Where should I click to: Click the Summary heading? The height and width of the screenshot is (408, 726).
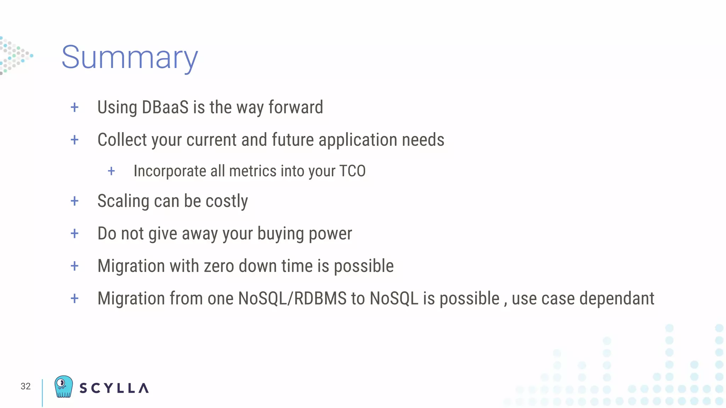[129, 57]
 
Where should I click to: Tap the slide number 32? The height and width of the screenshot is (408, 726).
[26, 386]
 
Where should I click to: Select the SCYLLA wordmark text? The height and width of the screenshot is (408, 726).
[114, 388]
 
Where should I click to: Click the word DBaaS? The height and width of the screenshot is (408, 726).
[165, 107]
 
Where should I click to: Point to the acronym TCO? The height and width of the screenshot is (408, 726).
[352, 171]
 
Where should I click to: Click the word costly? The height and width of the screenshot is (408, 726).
[227, 201]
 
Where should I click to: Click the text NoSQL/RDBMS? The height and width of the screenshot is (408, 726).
[292, 298]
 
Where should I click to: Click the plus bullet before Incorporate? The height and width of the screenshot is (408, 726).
[111, 171]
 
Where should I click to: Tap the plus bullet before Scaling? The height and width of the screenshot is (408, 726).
[74, 201]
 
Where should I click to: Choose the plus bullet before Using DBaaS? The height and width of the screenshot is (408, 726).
[74, 107]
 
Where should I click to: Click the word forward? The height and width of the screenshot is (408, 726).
[296, 107]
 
